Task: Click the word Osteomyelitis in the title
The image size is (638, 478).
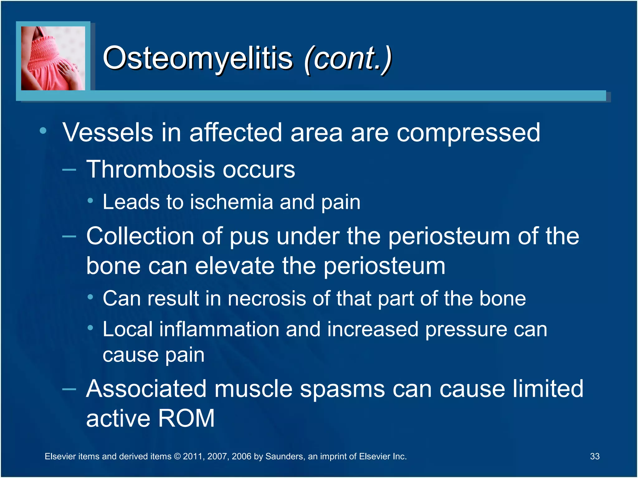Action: point(198,58)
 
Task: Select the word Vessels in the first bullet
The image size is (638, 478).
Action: point(108,132)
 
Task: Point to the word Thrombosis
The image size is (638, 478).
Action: point(150,169)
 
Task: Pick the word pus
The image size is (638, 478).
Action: point(249,237)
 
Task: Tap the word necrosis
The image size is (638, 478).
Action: point(267,298)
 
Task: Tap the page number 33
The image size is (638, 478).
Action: point(594,456)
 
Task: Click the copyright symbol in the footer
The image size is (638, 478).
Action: point(177,457)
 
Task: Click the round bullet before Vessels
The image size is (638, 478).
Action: point(43,131)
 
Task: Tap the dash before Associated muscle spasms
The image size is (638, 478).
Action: point(69,389)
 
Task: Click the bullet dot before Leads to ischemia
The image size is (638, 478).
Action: point(90,201)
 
